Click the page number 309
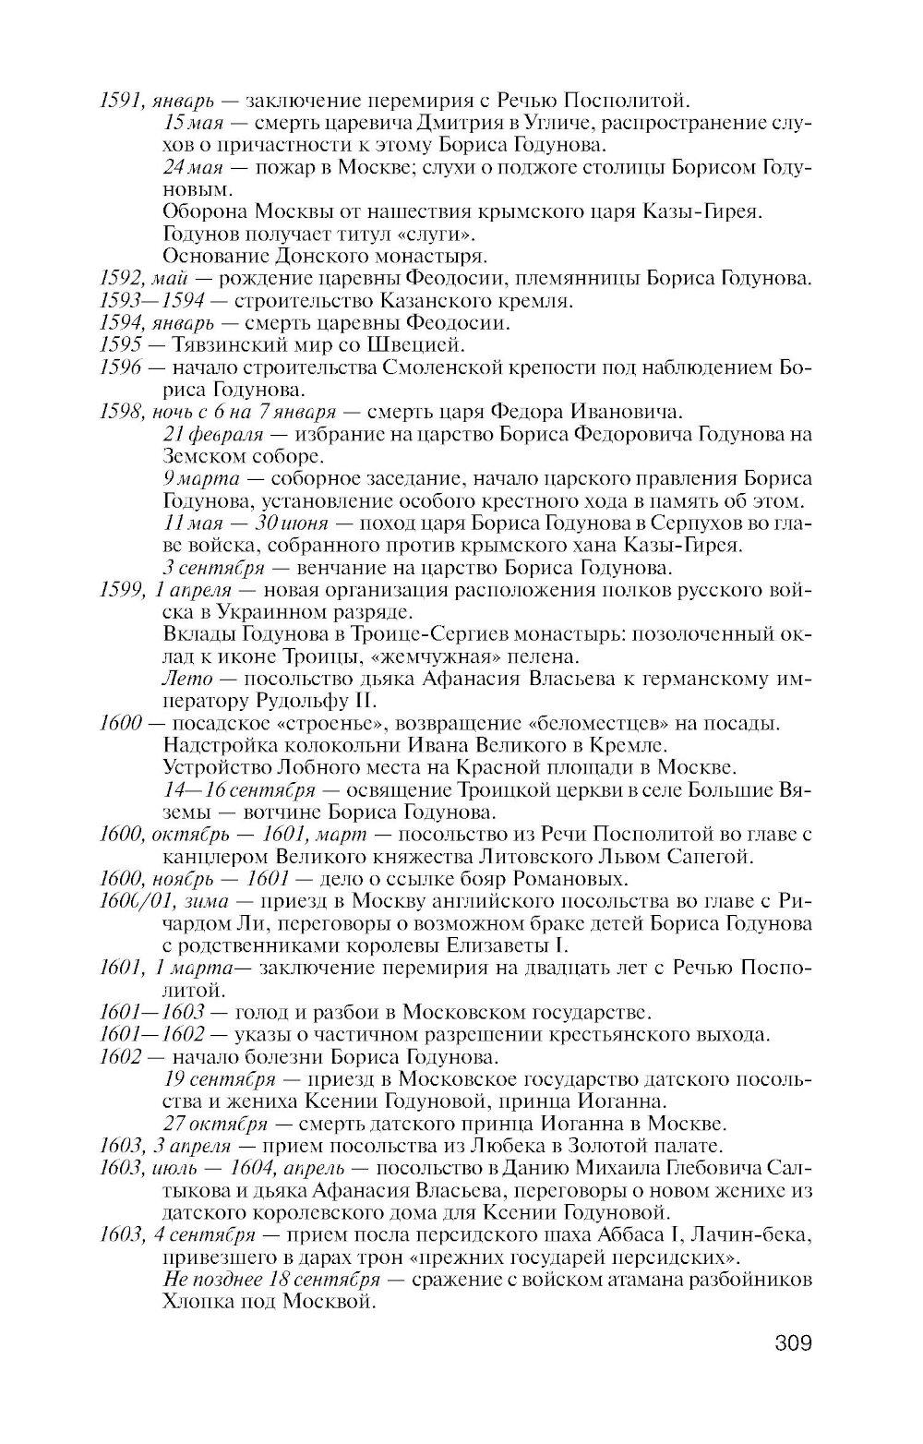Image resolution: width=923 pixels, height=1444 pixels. pyautogui.click(x=793, y=1342)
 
